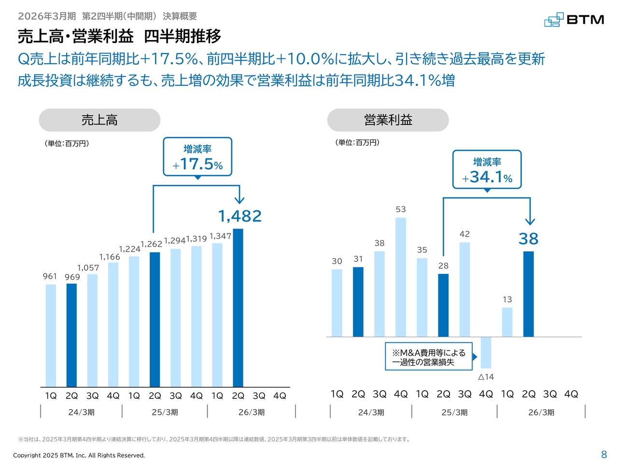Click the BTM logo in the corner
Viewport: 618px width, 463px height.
[x=574, y=20]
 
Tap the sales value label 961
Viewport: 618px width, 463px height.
[x=50, y=276]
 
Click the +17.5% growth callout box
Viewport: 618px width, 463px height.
[x=197, y=157]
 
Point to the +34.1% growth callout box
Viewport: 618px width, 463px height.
[x=487, y=170]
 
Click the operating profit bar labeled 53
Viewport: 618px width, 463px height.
[x=401, y=277]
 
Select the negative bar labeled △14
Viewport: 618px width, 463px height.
[x=486, y=353]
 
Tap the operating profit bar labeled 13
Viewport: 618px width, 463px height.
[x=507, y=322]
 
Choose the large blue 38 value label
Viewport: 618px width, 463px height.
[x=529, y=239]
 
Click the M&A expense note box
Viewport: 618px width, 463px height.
[x=428, y=357]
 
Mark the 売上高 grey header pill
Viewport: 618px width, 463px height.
[x=99, y=120]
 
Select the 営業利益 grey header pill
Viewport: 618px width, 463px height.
[x=388, y=120]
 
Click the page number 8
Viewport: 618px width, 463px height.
[x=604, y=454]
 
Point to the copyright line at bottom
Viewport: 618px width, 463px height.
[x=79, y=455]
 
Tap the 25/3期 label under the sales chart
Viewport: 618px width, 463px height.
[x=165, y=412]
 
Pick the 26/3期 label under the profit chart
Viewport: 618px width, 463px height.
[x=541, y=412]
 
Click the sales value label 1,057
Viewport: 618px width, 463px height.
[x=88, y=268]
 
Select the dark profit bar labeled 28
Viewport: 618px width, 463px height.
[x=443, y=305]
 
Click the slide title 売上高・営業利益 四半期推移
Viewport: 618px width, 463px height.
[x=119, y=37]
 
